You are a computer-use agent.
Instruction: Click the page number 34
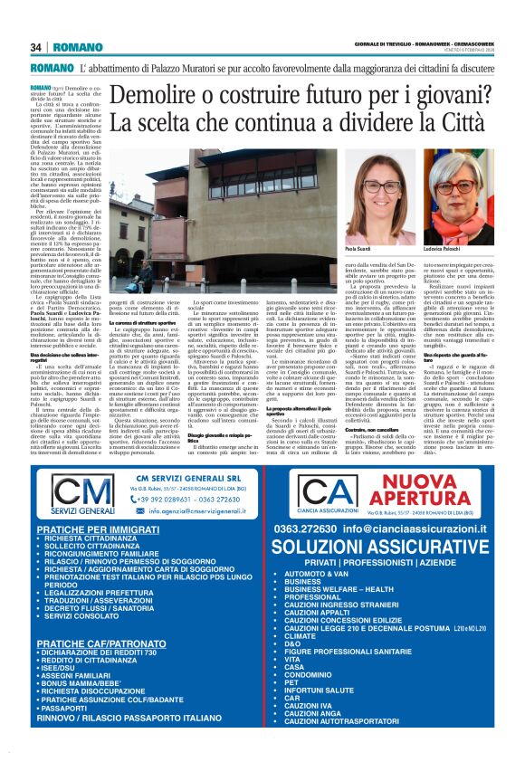36,47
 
